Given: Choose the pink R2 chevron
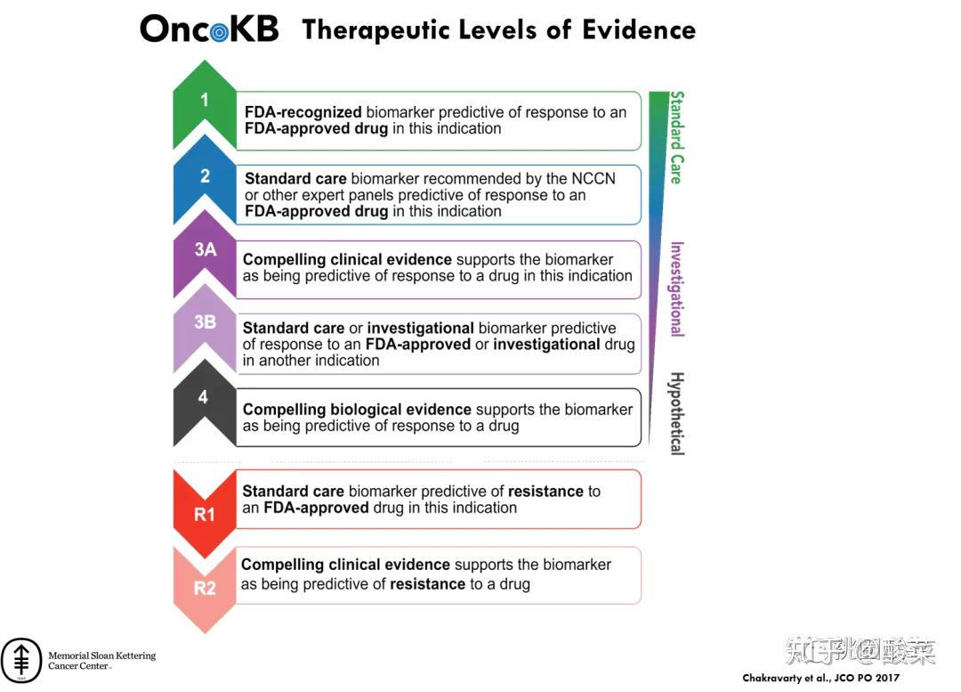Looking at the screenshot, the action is point(205,588).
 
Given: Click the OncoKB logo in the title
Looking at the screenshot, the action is point(209,29).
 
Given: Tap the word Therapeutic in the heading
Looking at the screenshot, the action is point(375,30).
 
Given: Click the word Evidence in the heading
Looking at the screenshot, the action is point(638,30).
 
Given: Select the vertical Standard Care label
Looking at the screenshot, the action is point(676,137).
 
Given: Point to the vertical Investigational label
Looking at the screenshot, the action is point(676,289).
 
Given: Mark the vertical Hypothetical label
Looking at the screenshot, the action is point(676,413).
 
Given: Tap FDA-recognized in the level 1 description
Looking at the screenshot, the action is point(303,112).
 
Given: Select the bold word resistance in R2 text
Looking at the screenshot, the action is point(427,584).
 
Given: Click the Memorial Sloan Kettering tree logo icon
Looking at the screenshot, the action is point(21,659).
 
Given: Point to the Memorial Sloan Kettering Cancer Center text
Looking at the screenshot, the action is point(101,661).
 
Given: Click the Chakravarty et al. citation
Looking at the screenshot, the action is point(820,679).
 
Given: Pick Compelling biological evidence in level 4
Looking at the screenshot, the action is point(357,410).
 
